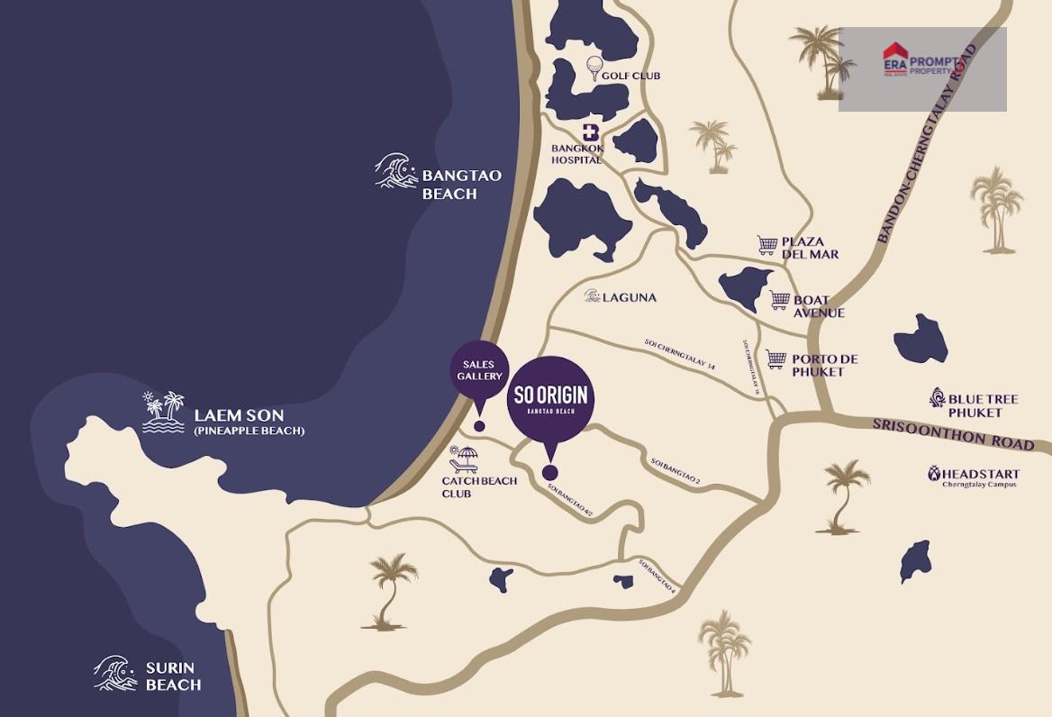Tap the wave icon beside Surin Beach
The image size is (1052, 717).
click(x=115, y=673)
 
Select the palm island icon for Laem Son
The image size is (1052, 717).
click(x=163, y=413)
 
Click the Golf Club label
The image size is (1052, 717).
click(x=630, y=76)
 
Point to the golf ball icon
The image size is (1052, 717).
click(x=594, y=66)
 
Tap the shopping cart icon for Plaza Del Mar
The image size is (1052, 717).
click(x=767, y=245)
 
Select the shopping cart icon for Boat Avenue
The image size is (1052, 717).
click(x=780, y=300)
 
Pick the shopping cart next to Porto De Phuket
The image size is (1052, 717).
click(x=775, y=359)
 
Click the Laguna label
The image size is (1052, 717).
click(x=630, y=297)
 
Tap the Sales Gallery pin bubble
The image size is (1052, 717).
click(x=479, y=370)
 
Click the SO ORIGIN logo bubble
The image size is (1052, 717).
click(x=550, y=399)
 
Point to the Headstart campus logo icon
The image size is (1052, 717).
click(x=936, y=474)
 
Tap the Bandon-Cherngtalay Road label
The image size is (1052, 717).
click(x=928, y=144)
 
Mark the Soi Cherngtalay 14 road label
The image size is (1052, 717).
click(x=679, y=355)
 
